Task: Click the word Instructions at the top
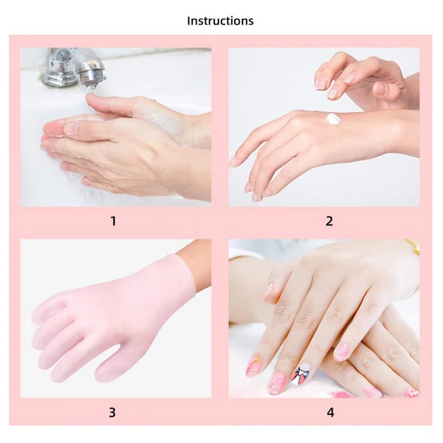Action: tap(220, 21)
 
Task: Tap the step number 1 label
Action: tap(114, 221)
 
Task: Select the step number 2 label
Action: tap(329, 221)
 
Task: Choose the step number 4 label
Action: tap(330, 412)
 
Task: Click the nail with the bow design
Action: tap(301, 374)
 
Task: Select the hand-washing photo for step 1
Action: tap(116, 127)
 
